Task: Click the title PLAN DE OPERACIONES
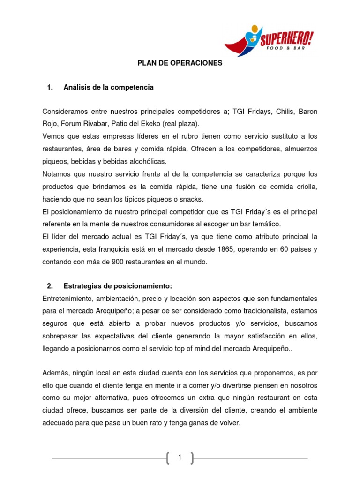[x=180, y=63]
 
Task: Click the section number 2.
[x=50, y=286]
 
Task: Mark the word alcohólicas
[x=142, y=162]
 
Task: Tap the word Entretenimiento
[x=68, y=299]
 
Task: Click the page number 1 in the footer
[x=180, y=444]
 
